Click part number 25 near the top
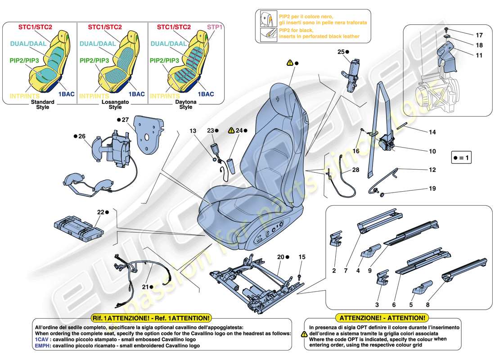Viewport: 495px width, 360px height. pyautogui.click(x=340, y=52)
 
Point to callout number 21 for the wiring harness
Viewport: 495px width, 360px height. pyautogui.click(x=145, y=286)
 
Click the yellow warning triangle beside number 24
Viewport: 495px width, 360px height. pyautogui.click(x=232, y=130)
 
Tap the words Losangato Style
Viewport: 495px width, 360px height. pyautogui.click(x=115, y=104)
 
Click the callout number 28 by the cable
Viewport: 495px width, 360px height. pyautogui.click(x=356, y=170)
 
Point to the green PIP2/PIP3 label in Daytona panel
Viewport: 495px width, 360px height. pyautogui.click(x=164, y=60)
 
